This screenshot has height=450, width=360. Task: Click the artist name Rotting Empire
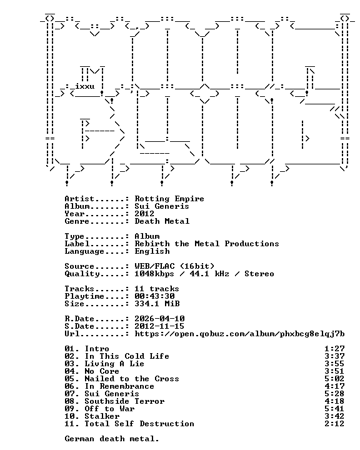coord(169,199)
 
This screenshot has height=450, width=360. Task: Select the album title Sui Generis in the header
coord(162,206)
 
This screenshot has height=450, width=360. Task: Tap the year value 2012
coord(144,214)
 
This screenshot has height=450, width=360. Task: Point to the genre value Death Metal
coord(162,221)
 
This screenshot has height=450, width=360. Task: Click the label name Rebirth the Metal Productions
coord(207,244)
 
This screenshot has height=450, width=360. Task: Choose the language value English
coord(152,251)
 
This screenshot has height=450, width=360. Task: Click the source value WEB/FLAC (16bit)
coord(174,266)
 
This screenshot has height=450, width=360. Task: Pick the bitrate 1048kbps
coord(154,274)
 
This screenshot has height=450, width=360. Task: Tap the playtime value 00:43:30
coord(154,296)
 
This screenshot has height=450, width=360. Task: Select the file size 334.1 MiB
coord(157,304)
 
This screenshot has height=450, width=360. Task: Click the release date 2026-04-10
coord(159,319)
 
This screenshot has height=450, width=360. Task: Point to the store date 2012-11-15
coord(159,326)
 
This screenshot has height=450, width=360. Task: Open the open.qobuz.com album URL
coord(240,334)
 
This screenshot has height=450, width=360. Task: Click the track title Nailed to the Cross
coord(132,379)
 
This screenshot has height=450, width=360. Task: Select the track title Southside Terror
coord(124,401)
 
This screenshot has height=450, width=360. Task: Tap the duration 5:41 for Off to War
coord(334,408)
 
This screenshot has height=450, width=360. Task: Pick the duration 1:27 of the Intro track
coord(334,349)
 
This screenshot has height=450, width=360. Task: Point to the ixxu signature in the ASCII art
coord(85,86)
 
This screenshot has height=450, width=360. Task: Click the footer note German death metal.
coord(112,439)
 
